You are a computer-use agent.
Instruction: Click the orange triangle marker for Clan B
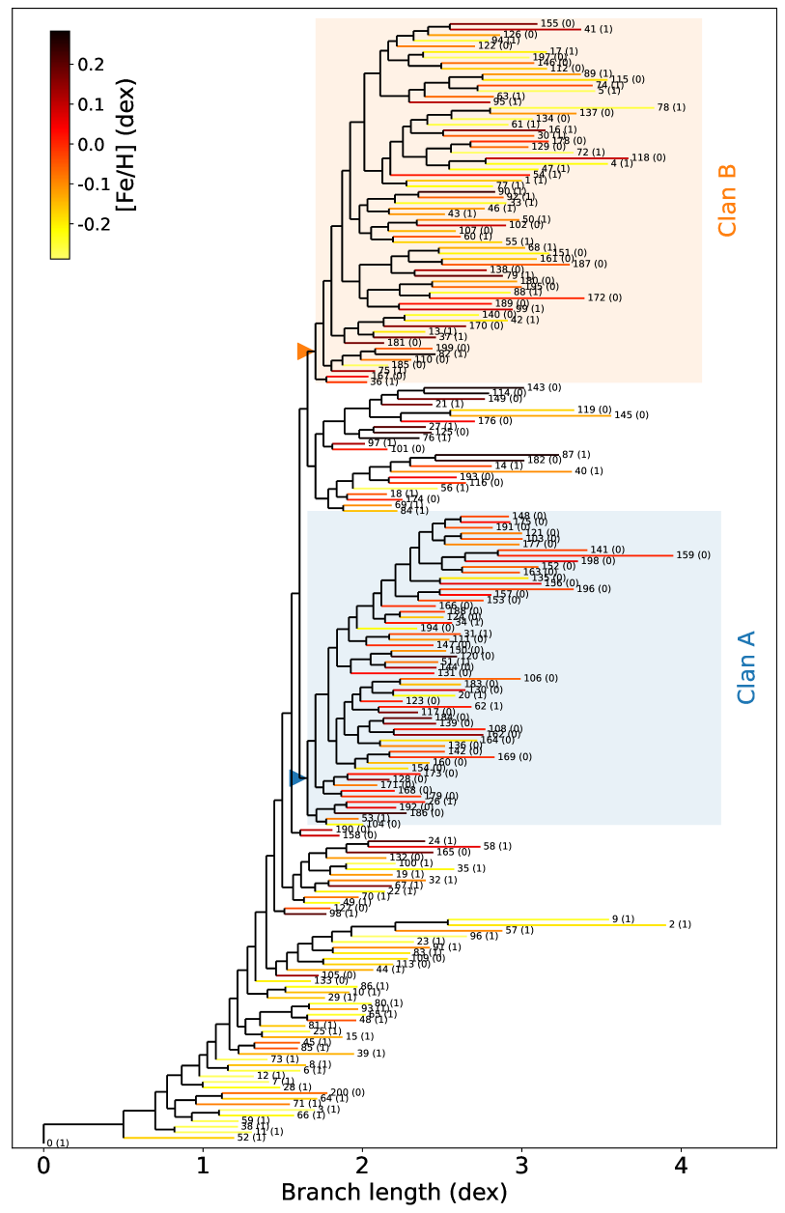(303, 352)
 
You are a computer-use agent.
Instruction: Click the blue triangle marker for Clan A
(297, 777)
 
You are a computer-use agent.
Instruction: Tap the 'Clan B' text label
(727, 201)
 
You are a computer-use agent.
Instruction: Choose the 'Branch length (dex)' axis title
(394, 1193)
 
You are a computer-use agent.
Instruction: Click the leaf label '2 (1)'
(681, 925)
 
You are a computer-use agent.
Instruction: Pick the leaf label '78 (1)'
(671, 107)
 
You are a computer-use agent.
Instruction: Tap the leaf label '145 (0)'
(631, 415)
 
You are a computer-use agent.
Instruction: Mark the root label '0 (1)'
(58, 1143)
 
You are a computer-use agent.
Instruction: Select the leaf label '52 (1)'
(251, 1138)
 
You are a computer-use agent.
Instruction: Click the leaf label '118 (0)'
(647, 157)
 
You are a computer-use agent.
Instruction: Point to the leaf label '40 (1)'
(588, 471)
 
